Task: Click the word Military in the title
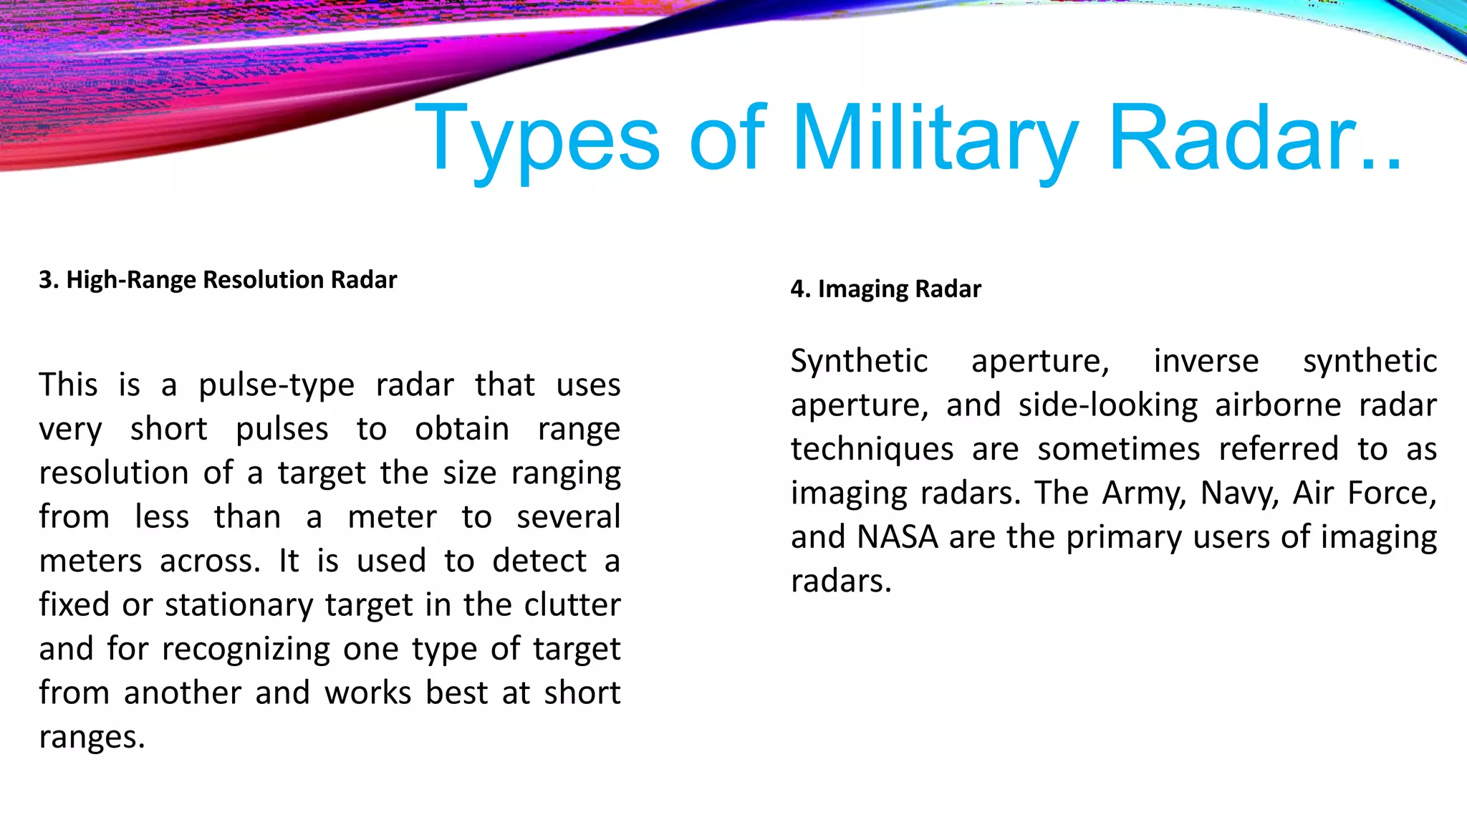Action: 935,137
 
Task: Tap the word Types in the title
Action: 537,137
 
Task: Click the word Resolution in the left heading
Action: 251,280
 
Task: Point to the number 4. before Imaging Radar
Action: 801,289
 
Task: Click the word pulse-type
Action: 276,385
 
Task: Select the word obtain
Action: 462,430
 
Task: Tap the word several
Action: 568,517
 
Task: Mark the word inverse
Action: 1206,361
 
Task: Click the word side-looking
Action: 1107,405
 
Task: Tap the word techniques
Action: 872,450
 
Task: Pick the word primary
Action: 1124,538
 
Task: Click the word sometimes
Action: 1118,450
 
